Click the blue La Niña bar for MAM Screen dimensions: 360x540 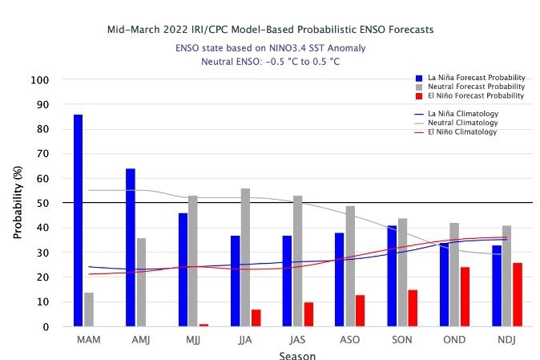pyautogui.click(x=78, y=220)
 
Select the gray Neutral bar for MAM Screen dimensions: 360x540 pyautogui.click(x=89, y=309)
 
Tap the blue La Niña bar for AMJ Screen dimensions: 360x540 pyautogui.click(x=131, y=248)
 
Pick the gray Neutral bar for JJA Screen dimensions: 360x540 pyautogui.click(x=246, y=257)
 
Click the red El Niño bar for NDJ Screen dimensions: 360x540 pyautogui.click(x=518, y=294)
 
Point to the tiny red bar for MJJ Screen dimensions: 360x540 pyautogui.click(x=204, y=325)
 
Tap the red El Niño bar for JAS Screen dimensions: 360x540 pyautogui.click(x=308, y=314)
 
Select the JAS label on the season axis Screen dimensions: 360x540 pyautogui.click(x=297, y=341)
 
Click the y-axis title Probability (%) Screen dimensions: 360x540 pyautogui.click(x=17, y=204)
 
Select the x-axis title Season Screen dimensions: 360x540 pyautogui.click(x=297, y=355)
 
